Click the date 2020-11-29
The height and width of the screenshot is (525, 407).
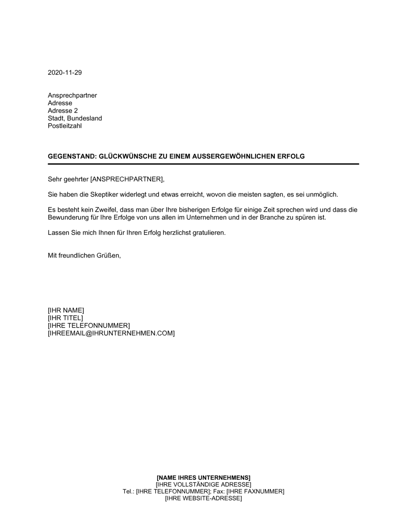(x=65, y=72)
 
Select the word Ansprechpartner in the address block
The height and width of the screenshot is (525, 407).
(x=72, y=96)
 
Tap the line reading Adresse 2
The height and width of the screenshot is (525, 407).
(x=63, y=111)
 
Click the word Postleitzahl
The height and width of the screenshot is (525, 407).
(x=65, y=126)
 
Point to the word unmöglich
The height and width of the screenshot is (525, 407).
(x=322, y=195)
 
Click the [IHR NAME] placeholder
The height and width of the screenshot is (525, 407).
(x=66, y=311)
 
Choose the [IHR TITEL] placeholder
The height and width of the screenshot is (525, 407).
(x=65, y=318)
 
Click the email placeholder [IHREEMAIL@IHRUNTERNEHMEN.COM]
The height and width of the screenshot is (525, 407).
(x=111, y=333)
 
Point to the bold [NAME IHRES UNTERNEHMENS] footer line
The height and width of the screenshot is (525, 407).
(x=203, y=477)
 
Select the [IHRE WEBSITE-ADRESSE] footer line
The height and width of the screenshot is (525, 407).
(x=203, y=499)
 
